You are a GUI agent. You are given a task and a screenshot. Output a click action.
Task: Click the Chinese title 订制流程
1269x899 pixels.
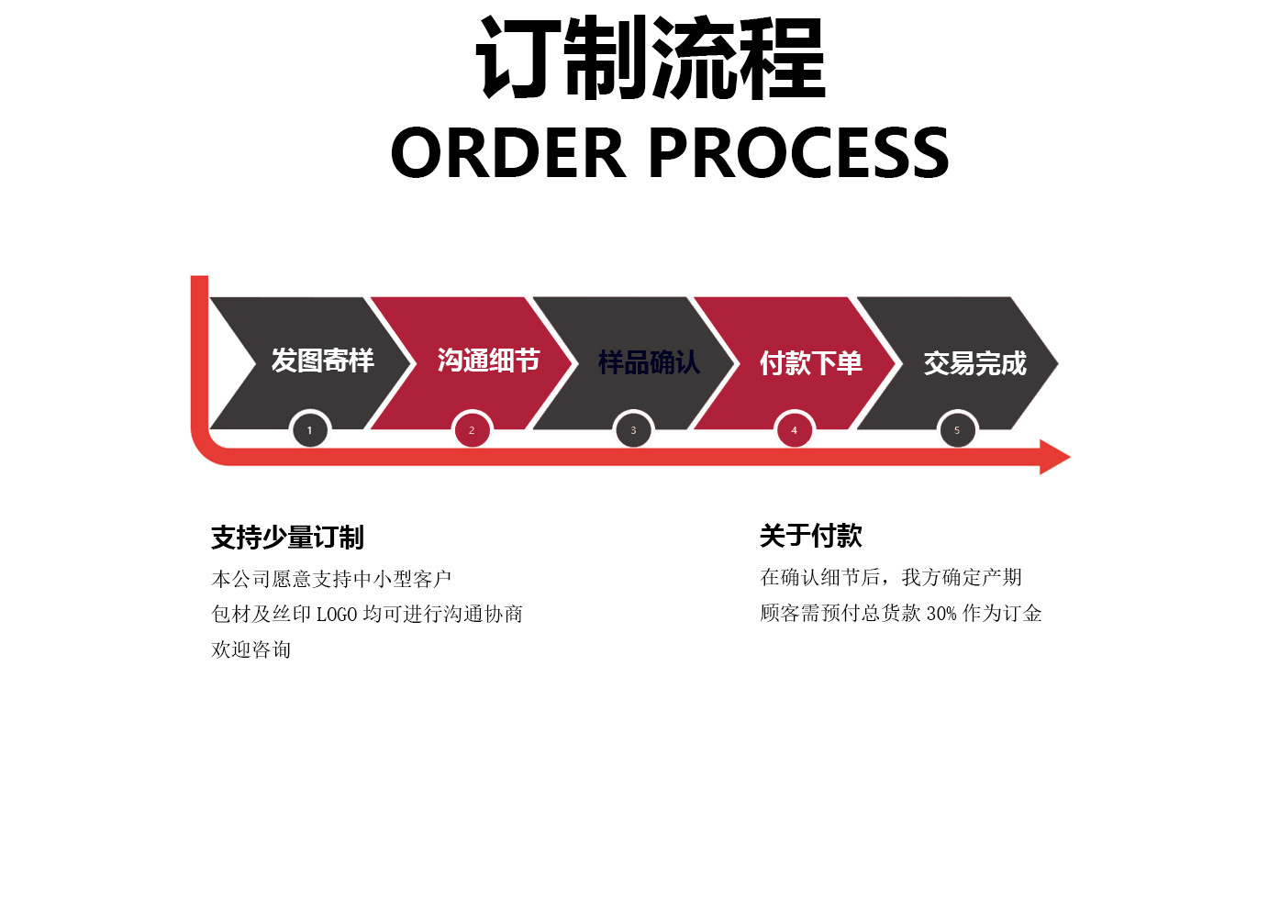coord(651,60)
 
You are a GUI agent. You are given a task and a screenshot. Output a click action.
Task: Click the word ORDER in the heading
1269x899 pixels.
coord(507,152)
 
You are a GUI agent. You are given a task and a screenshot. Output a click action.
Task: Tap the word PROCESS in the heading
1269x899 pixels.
coord(798,152)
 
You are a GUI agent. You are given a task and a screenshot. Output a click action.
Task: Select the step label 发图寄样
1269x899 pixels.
coord(322,361)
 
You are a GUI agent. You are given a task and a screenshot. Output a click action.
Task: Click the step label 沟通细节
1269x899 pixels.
coord(488,361)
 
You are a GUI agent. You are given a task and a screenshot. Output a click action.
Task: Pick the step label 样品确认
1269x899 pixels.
coord(649,362)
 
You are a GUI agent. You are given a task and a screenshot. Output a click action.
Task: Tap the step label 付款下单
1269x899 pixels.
coord(810,363)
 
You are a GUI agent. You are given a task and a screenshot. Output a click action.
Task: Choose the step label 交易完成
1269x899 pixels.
coord(974,363)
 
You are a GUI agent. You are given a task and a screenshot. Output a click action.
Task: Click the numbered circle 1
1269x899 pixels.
coord(309,430)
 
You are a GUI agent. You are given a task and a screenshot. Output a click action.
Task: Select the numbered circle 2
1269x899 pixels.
coord(472,430)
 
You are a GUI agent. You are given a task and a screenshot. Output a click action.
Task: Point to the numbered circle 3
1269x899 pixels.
coord(633,430)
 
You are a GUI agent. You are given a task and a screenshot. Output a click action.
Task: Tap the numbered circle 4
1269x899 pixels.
coord(795,430)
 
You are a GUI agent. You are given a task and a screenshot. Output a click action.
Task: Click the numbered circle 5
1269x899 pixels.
coord(957,430)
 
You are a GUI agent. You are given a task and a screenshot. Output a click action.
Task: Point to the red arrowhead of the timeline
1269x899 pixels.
coord(1054,457)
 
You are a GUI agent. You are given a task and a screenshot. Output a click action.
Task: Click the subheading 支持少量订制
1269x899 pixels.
coord(287,538)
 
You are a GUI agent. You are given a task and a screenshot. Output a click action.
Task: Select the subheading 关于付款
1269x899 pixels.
coord(810,536)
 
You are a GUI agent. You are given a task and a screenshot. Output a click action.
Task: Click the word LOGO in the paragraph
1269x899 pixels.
coord(336,615)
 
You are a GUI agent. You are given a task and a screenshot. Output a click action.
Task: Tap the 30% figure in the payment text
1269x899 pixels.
coord(941,614)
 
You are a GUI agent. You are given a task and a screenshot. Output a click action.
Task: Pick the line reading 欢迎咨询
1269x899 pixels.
coord(250,649)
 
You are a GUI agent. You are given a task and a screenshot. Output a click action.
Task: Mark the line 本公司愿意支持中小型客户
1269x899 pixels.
coord(331,579)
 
